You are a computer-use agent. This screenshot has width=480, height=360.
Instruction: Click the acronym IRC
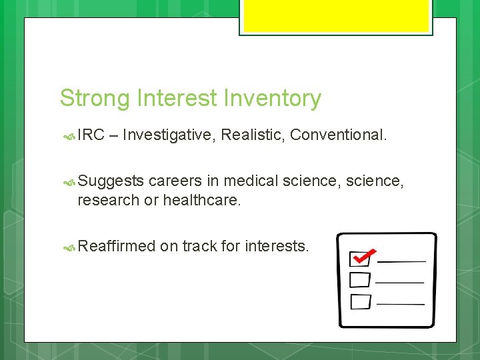(x=91, y=135)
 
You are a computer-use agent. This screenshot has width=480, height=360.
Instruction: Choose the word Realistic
(x=253, y=135)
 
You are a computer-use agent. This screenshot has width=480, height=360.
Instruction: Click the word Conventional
(x=338, y=135)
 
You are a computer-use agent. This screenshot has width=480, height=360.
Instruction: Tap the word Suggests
(x=111, y=181)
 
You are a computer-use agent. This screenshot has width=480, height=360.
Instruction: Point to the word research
(x=108, y=200)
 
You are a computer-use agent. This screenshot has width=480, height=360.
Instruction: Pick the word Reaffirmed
(x=116, y=246)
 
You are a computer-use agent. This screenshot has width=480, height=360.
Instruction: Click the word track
(x=199, y=246)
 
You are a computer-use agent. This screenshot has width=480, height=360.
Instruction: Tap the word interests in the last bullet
(x=276, y=246)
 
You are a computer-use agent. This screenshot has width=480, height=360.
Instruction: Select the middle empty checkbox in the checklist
(x=360, y=279)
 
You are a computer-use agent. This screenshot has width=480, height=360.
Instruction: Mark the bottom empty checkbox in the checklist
(x=360, y=301)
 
